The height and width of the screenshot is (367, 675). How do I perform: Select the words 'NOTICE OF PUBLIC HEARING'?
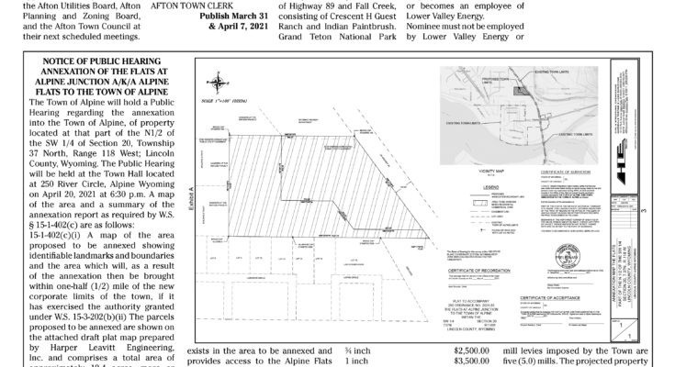click(x=96, y=61)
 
